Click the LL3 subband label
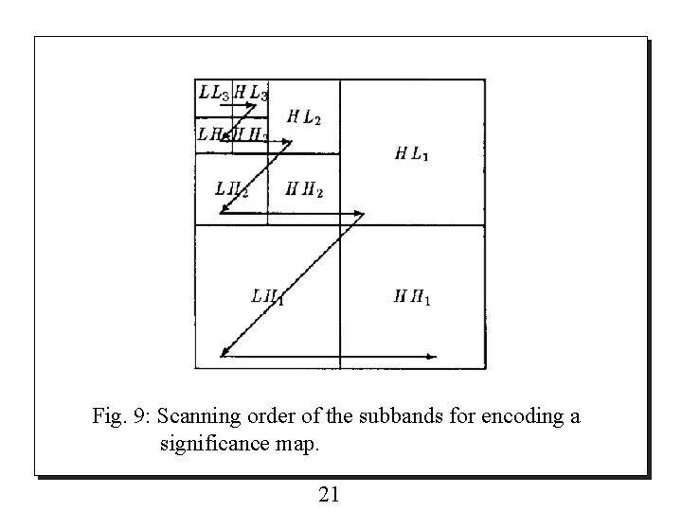click(x=213, y=93)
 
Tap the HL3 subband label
click(x=251, y=93)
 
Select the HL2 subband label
click(x=304, y=117)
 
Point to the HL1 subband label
click(x=411, y=153)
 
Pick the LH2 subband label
click(x=232, y=188)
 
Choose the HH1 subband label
click(x=413, y=299)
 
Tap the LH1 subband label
click(x=268, y=295)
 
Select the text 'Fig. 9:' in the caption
click(x=121, y=416)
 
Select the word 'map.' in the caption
click(x=299, y=443)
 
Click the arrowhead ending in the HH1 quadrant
click(x=433, y=357)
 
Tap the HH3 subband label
click(x=251, y=134)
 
